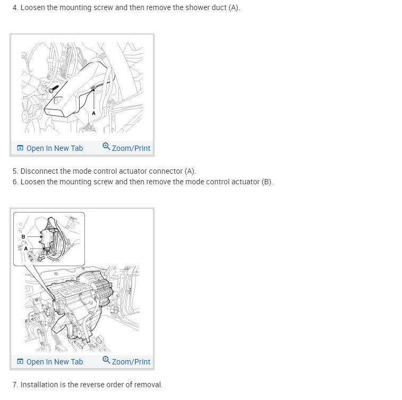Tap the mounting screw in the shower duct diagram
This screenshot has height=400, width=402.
point(54,89)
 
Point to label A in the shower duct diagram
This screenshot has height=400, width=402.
point(93,113)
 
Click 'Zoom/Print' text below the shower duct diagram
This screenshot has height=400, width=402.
point(131,148)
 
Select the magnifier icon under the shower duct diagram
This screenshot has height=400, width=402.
point(106,147)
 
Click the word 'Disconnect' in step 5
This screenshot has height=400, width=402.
point(38,171)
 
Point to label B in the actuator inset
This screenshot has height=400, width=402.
point(23,237)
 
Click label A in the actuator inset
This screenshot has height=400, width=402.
point(25,249)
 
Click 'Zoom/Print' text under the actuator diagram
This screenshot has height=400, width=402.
point(131,362)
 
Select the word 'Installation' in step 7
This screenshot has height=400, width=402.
point(39,385)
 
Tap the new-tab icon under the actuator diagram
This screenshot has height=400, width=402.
point(20,361)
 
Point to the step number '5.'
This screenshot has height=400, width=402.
point(15,171)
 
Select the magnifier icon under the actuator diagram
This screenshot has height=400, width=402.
point(106,360)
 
